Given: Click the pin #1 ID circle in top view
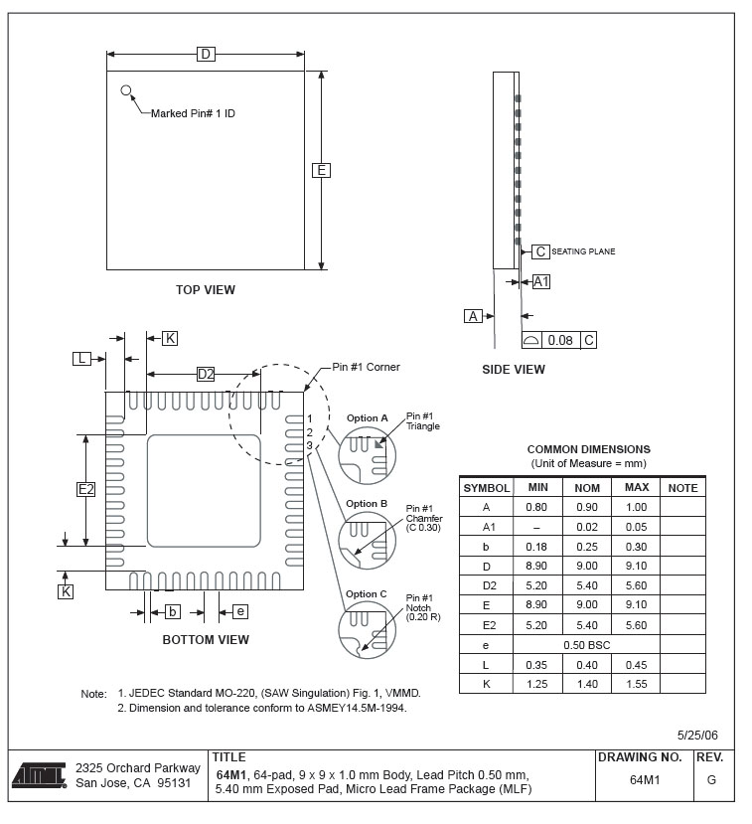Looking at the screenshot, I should (x=126, y=90).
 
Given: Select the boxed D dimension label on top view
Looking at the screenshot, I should (x=206, y=54).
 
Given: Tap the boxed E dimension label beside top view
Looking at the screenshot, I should (x=321, y=170).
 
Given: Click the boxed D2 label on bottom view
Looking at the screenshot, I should (x=205, y=374).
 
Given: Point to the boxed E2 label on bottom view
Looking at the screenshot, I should (x=86, y=489).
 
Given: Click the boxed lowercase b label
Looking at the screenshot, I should (x=172, y=611).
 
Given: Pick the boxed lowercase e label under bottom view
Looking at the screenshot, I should (x=240, y=611).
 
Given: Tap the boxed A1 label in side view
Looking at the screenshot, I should (x=541, y=282).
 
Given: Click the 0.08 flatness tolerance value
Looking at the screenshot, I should (x=561, y=340).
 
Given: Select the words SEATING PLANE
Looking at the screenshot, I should (x=583, y=252).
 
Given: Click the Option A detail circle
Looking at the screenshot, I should (x=367, y=456).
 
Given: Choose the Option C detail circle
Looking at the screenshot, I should (x=367, y=631).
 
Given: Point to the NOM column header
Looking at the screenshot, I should (x=587, y=488).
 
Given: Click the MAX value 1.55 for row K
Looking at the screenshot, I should (x=636, y=684).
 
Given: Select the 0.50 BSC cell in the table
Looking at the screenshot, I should (x=586, y=645).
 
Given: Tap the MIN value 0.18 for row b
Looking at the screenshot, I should (x=537, y=547).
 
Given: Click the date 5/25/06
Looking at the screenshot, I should (x=697, y=735).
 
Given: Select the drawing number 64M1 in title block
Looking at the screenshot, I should (x=645, y=780).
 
